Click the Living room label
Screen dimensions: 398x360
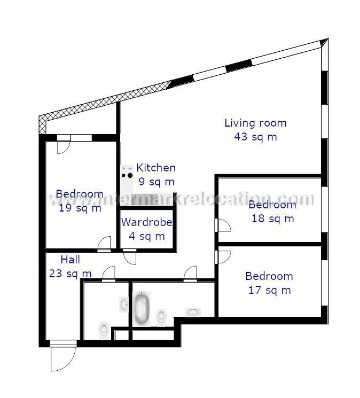pos(255,123)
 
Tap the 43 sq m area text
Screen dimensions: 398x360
pos(255,136)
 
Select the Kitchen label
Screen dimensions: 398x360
pos(156,168)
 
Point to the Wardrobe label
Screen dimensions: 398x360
pos(146,222)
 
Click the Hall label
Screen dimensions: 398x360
pos(71,260)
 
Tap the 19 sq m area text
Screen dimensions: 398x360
pos(80,208)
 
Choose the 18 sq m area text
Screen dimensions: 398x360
pos(272,218)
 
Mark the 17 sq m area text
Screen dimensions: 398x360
pos(269,290)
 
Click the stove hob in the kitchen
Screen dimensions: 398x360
pos(127,172)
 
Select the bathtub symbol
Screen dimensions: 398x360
pos(141,308)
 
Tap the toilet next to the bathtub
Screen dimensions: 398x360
pos(161,318)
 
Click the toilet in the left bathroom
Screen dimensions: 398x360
pos(105,330)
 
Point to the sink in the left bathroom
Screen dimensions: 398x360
pos(123,305)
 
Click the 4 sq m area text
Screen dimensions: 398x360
pos(146,236)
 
